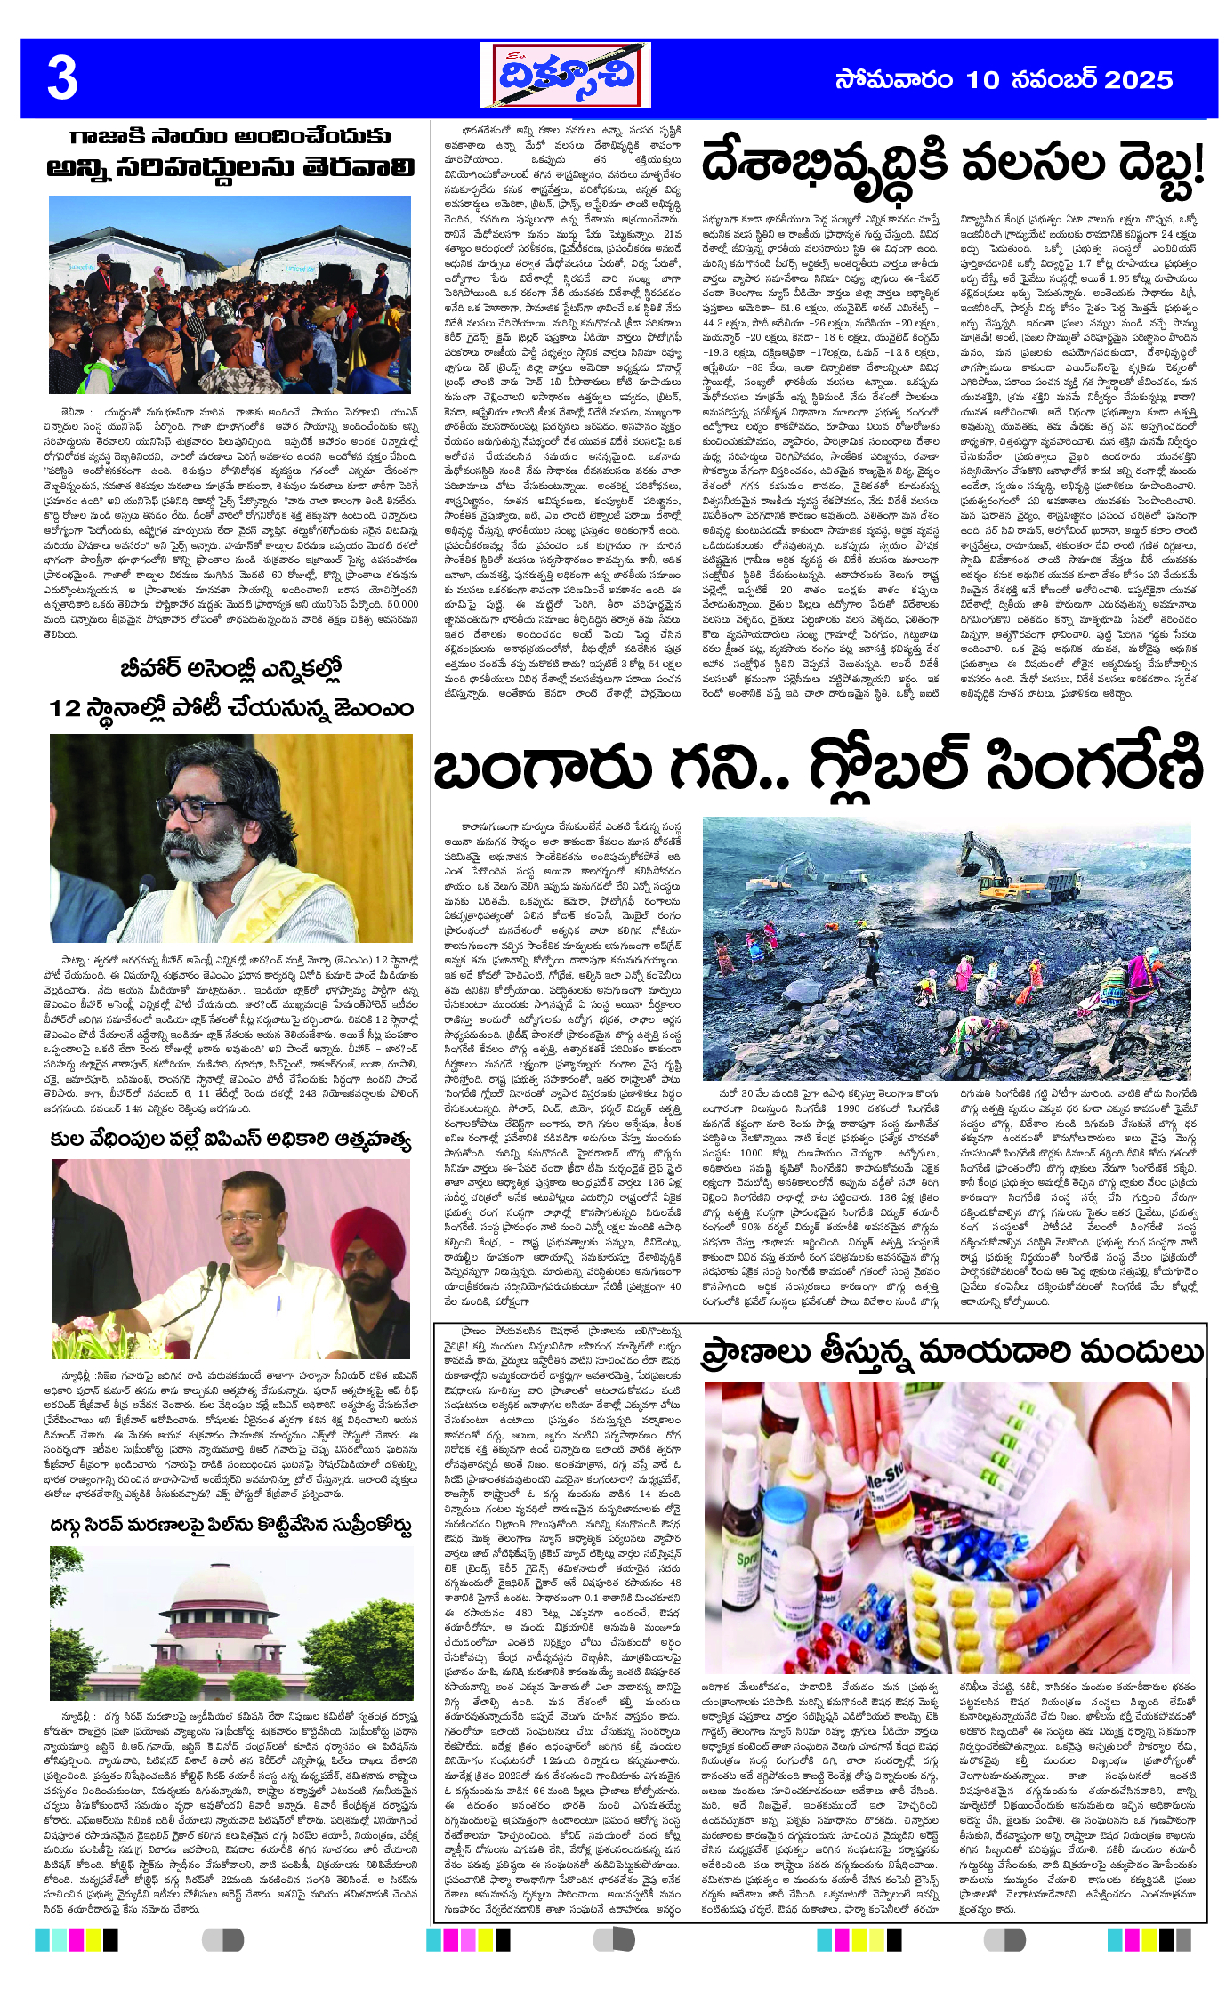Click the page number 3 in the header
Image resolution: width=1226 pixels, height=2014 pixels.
tap(62, 79)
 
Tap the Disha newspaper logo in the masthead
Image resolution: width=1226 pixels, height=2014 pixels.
tap(566, 77)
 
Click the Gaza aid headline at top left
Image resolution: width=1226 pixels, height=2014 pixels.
tap(230, 152)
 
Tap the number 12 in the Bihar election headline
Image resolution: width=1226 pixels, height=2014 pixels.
tap(66, 708)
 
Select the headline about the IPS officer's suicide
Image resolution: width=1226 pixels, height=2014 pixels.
tap(230, 1140)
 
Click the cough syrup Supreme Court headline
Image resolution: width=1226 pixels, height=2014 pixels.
tap(230, 1527)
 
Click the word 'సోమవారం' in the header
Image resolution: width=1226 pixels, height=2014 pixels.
tap(894, 80)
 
